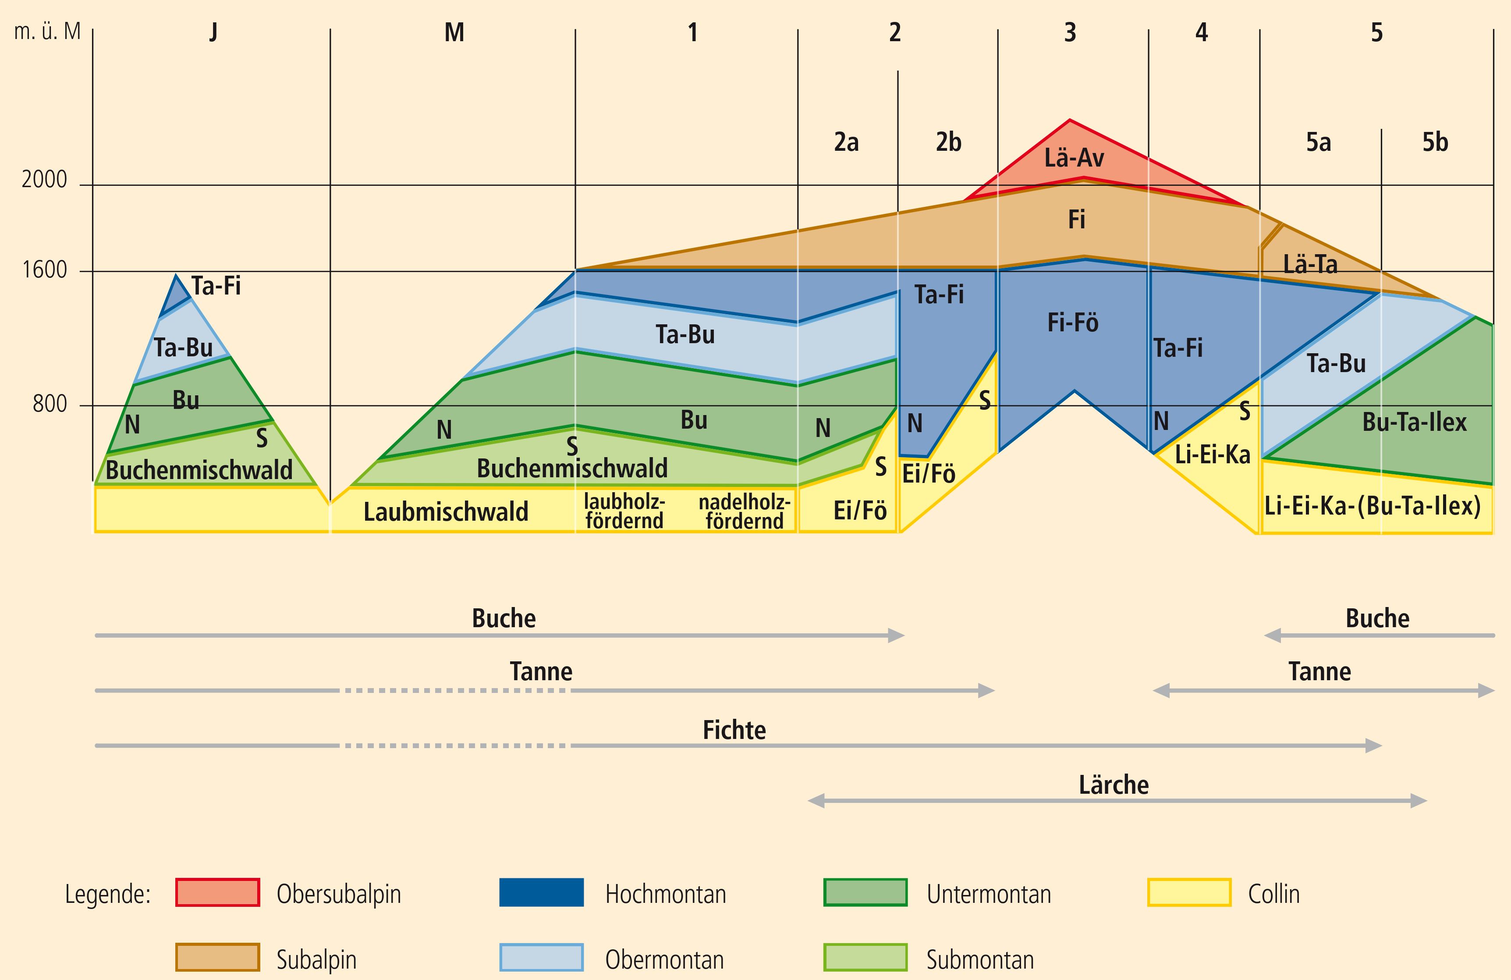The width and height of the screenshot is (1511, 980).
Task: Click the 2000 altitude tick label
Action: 44,180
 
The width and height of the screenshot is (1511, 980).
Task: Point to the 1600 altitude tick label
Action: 44,270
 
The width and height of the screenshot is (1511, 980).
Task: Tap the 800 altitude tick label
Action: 50,404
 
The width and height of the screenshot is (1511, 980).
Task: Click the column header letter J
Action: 213,32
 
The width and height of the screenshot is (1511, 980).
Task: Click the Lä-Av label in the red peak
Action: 1074,157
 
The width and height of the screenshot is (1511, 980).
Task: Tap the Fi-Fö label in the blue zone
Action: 1072,323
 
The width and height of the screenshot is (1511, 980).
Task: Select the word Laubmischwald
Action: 446,511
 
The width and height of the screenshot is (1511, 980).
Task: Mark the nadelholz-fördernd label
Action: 744,511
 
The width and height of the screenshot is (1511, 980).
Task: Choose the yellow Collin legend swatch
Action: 1189,892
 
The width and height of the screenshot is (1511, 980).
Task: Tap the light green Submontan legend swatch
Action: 865,958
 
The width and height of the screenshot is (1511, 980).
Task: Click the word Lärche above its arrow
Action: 1114,785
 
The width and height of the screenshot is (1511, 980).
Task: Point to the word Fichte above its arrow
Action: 734,730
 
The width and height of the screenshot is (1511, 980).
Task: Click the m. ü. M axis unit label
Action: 48,31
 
